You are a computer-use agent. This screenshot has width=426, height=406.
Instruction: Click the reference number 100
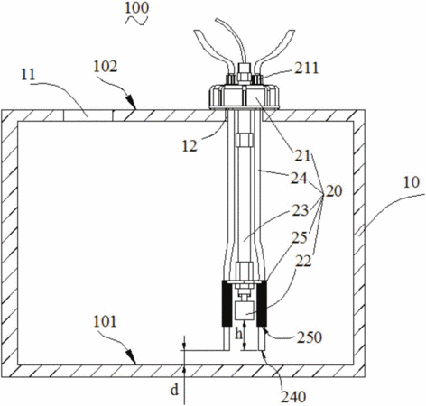(x=136, y=8)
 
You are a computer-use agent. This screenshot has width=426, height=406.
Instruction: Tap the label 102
(x=105, y=67)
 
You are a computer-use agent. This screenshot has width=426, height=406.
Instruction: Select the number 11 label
(x=28, y=74)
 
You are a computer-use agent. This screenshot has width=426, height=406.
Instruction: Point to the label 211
(x=306, y=68)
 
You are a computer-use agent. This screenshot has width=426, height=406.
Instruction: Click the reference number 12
(x=190, y=146)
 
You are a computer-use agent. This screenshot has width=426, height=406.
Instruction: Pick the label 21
(x=302, y=156)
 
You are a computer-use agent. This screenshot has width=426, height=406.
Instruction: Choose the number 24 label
(x=299, y=179)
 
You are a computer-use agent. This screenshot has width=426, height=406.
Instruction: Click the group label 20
(x=334, y=191)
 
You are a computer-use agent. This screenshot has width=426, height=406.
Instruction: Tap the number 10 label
(x=411, y=182)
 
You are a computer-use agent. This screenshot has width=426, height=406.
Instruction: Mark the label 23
(x=301, y=210)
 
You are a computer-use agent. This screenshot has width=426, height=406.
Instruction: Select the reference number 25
(x=299, y=237)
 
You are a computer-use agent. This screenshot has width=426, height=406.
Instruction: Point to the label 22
(x=303, y=261)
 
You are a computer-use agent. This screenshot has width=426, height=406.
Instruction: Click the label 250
(x=310, y=337)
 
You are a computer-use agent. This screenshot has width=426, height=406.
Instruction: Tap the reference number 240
(x=293, y=397)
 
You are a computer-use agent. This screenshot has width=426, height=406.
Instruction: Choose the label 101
(x=105, y=321)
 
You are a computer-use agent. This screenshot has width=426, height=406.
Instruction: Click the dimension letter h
(x=238, y=334)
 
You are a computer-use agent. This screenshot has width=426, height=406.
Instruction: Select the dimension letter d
(x=175, y=391)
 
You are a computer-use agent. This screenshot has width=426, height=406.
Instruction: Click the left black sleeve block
(x=227, y=303)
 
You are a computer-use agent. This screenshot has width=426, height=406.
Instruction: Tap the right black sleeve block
(x=262, y=303)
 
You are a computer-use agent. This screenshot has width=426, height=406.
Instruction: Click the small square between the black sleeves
(x=245, y=311)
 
